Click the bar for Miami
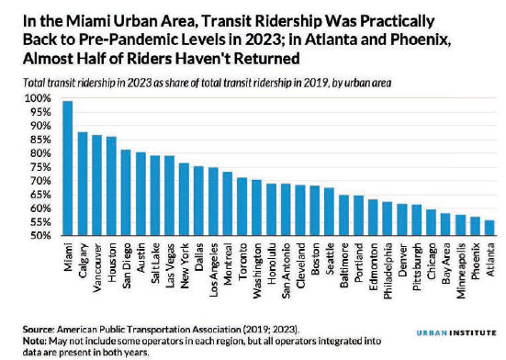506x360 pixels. (x=68, y=168)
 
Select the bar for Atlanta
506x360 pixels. (x=489, y=228)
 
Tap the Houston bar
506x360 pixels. (x=111, y=186)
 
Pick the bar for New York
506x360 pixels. (x=184, y=199)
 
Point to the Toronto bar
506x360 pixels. (x=242, y=207)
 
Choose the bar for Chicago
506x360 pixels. (x=431, y=222)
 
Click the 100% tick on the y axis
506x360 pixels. (x=38, y=98)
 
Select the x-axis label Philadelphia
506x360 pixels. (x=388, y=271)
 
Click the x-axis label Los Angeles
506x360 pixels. (x=213, y=270)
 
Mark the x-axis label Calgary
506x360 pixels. (x=84, y=261)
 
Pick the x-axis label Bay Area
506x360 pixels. (x=446, y=264)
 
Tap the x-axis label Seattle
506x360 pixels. (x=330, y=259)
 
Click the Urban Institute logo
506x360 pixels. (x=456, y=332)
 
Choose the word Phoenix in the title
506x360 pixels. (x=421, y=40)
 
